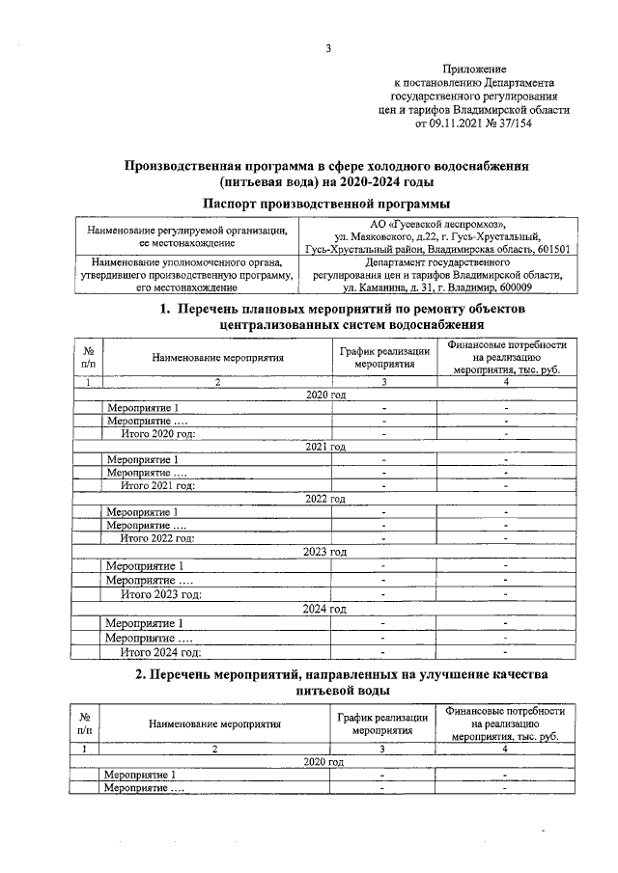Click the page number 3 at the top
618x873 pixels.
(328, 49)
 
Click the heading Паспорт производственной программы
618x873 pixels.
(327, 203)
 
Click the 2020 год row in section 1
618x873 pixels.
(325, 396)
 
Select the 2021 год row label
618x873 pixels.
(325, 448)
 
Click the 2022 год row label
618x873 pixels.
(325, 499)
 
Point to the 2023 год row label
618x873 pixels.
(325, 552)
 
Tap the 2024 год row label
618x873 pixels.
(325, 610)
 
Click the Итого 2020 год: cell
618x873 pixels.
(157, 434)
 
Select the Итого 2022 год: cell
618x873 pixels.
(157, 537)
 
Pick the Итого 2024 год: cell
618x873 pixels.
(160, 652)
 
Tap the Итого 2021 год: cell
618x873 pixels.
(157, 485)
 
